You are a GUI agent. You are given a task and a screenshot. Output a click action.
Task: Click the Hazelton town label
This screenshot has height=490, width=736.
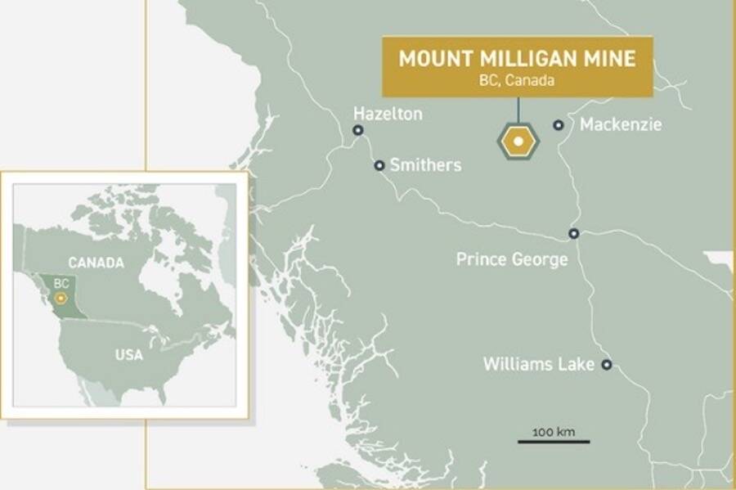click(388, 114)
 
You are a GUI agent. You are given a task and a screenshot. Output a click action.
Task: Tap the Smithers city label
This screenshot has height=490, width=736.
click(425, 165)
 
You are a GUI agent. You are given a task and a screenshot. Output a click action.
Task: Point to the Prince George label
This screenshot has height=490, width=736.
click(512, 259)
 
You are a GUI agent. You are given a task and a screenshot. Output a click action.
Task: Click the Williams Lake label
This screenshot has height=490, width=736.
click(539, 364)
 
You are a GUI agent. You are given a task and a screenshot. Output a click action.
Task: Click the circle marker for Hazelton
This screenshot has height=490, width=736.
click(357, 130)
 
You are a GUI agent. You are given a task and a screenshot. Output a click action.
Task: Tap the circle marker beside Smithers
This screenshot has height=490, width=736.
click(379, 165)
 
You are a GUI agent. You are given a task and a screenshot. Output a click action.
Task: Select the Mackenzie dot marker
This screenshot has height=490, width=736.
click(559, 125)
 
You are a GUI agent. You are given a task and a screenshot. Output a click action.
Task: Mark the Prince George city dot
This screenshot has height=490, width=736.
click(574, 233)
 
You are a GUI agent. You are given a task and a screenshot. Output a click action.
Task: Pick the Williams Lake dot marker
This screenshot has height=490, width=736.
click(607, 365)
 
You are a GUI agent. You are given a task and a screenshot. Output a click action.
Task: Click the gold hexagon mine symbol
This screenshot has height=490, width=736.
click(517, 142)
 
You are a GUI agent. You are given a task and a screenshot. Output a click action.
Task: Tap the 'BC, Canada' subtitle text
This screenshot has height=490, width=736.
click(517, 81)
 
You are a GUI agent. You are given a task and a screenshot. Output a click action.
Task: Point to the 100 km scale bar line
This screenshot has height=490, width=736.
click(553, 442)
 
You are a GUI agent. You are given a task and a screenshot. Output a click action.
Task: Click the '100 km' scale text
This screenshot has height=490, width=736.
click(553, 430)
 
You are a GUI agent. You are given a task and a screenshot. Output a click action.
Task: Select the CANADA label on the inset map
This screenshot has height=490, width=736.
click(96, 263)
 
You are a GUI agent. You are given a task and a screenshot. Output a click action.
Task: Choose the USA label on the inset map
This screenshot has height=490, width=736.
click(128, 354)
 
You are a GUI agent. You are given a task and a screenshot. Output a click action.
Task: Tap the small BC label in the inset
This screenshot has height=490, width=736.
click(61, 283)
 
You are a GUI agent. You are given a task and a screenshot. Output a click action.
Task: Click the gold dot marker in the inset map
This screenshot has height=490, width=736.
click(60, 299)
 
